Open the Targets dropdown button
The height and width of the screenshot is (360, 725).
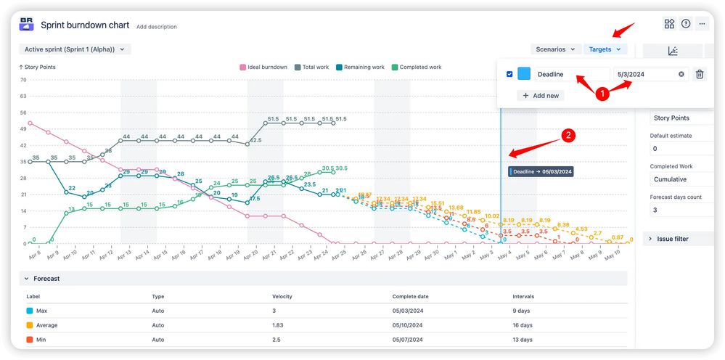tap(605, 49)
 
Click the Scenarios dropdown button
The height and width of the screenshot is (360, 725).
tap(555, 49)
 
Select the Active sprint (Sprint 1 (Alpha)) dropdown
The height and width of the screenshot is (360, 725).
tap(75, 49)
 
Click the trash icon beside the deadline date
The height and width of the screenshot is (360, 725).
tap(700, 74)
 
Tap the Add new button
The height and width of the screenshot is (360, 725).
tap(540, 95)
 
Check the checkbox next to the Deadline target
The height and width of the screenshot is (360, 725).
tap(509, 74)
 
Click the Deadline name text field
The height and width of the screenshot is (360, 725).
tap(570, 74)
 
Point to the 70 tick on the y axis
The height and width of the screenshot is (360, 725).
tap(23, 80)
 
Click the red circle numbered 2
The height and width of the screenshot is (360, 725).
tap(569, 135)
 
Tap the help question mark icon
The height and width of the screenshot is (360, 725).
tap(686, 24)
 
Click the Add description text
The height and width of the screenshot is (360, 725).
tap(156, 27)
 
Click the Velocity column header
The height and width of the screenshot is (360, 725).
tap(282, 296)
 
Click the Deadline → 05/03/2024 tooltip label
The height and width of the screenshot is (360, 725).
tap(541, 171)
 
